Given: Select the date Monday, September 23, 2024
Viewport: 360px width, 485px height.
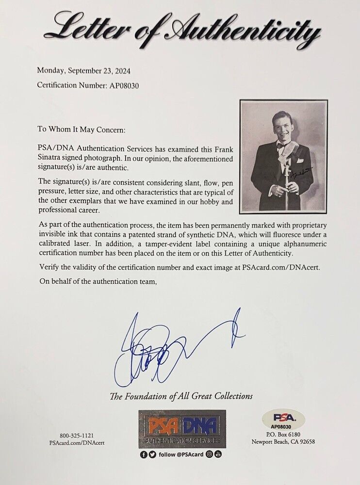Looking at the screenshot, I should click(x=84, y=70).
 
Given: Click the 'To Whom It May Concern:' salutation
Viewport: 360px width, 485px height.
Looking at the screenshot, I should click(x=82, y=130).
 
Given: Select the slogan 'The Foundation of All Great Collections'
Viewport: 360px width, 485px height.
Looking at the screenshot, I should click(x=181, y=396).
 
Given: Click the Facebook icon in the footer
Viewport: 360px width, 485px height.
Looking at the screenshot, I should click(x=144, y=455).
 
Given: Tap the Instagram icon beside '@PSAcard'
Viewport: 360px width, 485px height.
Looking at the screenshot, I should click(x=210, y=454).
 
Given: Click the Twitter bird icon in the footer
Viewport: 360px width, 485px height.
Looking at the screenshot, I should click(x=152, y=455).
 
